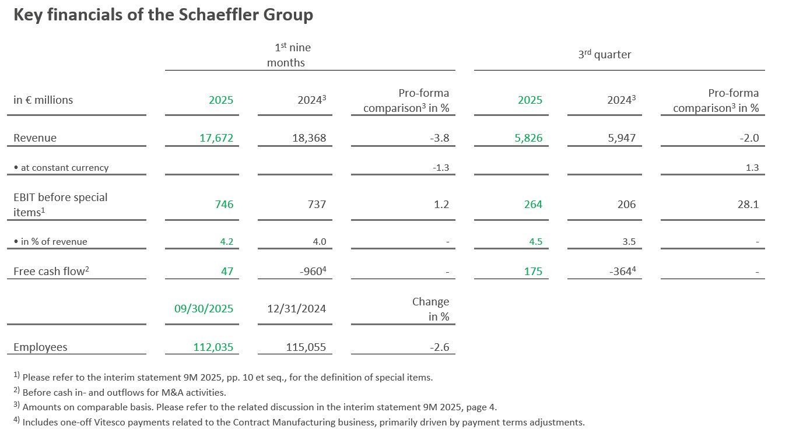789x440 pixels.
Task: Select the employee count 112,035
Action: [x=213, y=347]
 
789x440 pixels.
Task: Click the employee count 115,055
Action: [x=306, y=347]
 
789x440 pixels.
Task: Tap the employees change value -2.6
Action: [x=439, y=347]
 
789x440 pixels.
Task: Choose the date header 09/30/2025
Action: [x=204, y=309]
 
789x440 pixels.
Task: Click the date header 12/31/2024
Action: [x=297, y=309]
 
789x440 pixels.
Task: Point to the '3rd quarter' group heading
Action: [x=604, y=55]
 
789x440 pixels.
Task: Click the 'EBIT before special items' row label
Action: [x=60, y=205]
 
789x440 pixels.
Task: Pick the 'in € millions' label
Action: [x=43, y=100]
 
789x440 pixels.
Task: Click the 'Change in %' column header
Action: [x=431, y=309]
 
